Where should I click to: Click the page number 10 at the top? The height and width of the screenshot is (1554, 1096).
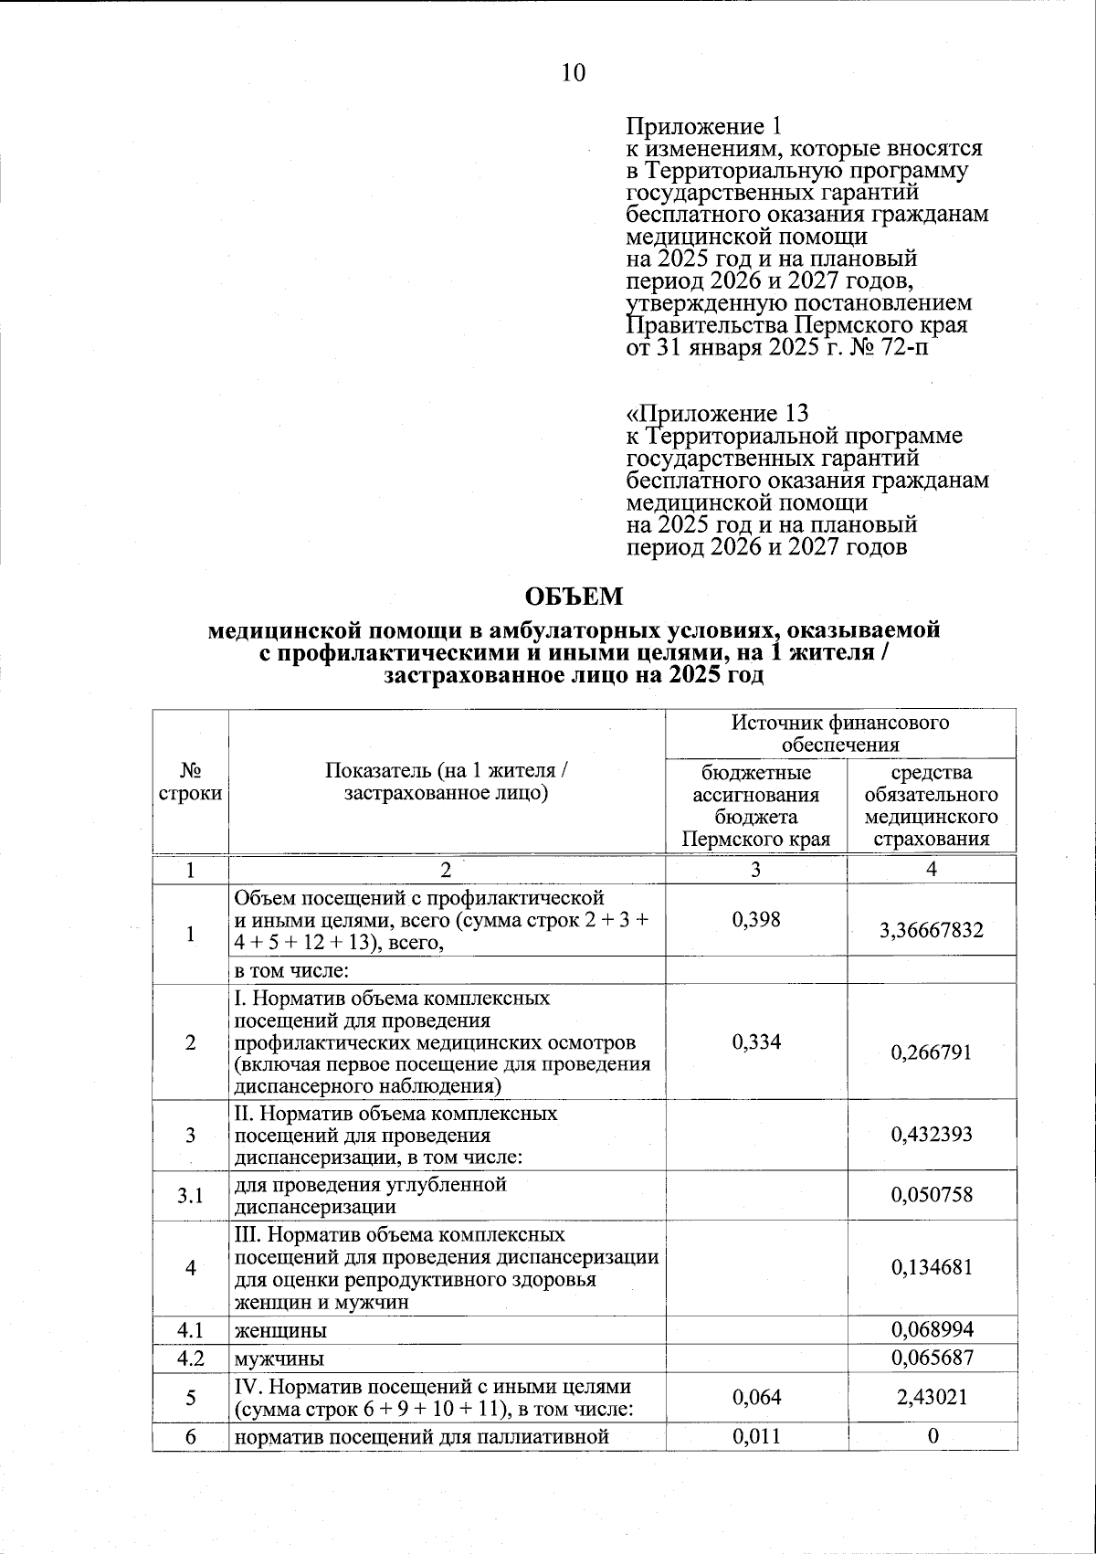573,73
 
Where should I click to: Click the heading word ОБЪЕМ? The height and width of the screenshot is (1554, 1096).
574,597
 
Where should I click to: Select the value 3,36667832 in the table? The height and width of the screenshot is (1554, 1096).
931,930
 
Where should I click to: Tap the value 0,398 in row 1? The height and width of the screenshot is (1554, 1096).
756,919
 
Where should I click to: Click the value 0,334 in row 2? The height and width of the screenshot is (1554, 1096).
756,1041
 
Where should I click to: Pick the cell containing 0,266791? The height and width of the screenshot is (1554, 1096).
931,1052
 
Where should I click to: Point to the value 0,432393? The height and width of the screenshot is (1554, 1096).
931,1135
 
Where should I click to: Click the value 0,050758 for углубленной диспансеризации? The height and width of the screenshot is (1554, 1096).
931,1195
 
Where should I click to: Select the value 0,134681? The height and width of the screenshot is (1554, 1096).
931,1267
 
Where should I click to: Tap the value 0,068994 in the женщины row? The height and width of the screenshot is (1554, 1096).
931,1329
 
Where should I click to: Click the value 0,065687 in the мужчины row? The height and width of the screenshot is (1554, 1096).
931,1358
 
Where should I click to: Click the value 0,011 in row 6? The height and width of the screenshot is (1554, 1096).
756,1435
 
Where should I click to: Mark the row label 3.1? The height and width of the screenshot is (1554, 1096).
190,1195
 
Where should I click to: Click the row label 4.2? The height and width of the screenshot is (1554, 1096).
190,1358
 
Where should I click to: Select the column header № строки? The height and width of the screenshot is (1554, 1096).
190,781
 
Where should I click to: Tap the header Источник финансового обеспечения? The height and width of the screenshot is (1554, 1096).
840,734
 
